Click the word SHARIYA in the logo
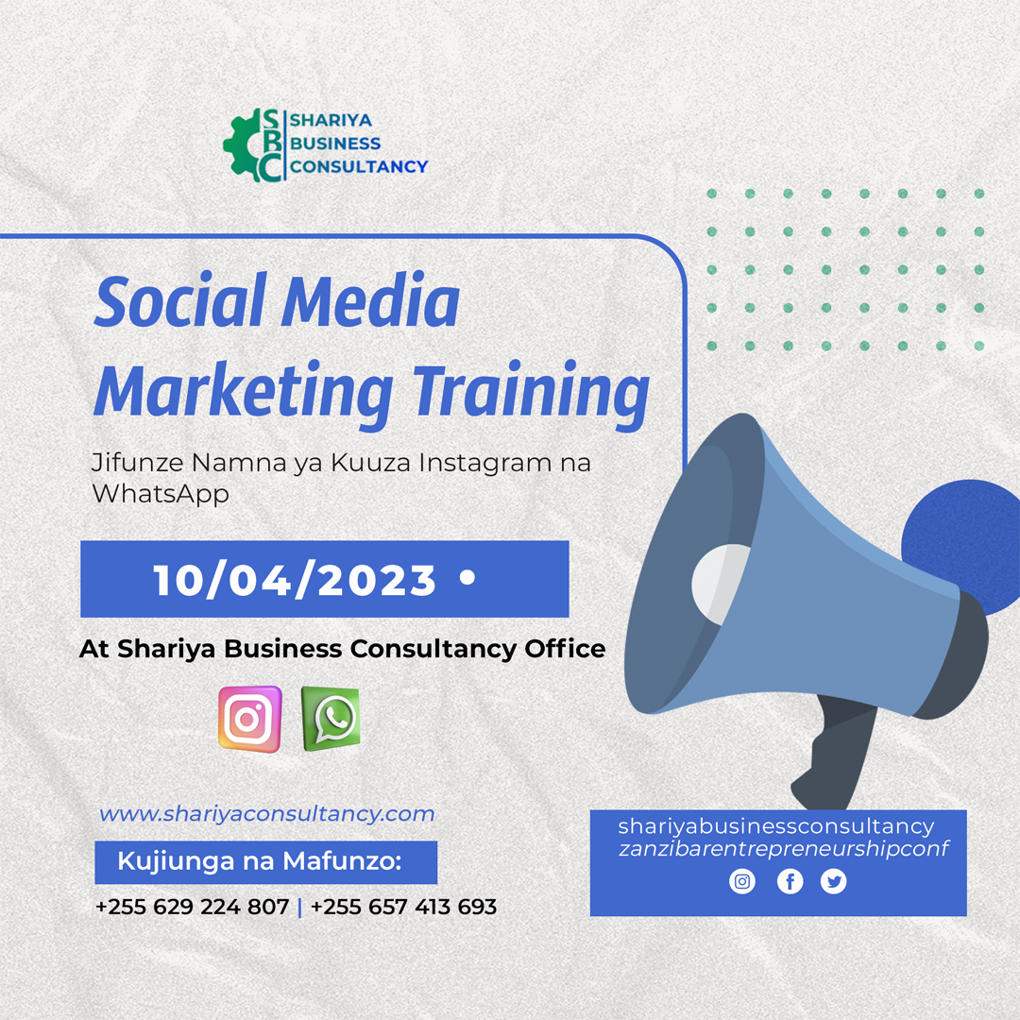(x=331, y=120)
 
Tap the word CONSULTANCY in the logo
(x=359, y=167)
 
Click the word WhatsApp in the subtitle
(x=161, y=494)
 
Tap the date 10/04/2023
(x=295, y=580)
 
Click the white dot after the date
(x=467, y=577)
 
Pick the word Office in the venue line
(x=566, y=649)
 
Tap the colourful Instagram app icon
(x=249, y=720)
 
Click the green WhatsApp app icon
(x=331, y=718)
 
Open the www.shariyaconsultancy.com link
(x=266, y=814)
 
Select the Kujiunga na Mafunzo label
(x=260, y=861)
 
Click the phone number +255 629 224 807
(x=192, y=907)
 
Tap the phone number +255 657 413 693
(x=404, y=907)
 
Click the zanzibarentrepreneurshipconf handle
(x=783, y=849)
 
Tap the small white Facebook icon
(x=790, y=881)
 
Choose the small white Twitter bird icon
(x=833, y=881)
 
